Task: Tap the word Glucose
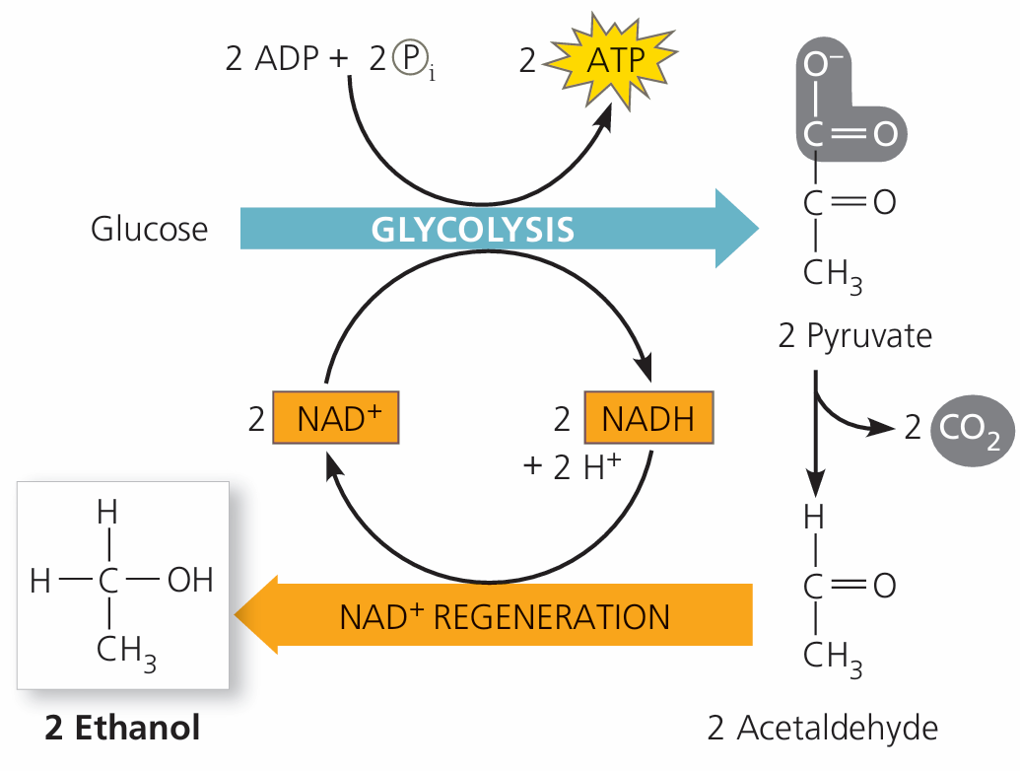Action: (150, 230)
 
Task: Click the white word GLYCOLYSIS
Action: (473, 230)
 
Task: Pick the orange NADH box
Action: (648, 419)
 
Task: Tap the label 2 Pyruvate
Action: (854, 336)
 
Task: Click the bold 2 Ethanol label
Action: (122, 728)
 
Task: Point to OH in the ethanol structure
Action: (190, 581)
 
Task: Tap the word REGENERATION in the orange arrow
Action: (552, 618)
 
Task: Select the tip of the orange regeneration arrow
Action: (238, 616)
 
